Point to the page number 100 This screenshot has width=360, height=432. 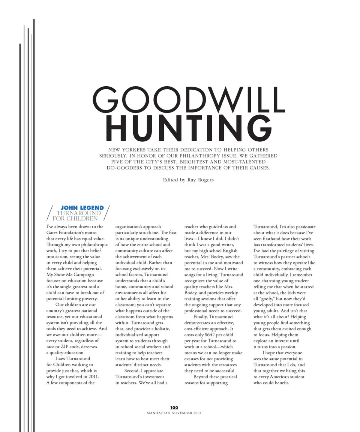pos(174,407)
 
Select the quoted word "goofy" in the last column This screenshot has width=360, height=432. pos(267,298)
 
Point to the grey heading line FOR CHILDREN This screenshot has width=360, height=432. pos(75,218)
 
